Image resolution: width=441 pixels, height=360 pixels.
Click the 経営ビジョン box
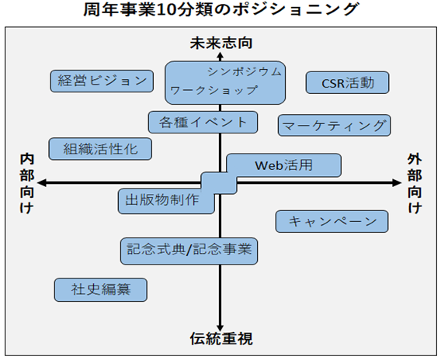[102, 81]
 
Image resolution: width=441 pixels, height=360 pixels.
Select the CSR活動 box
[348, 82]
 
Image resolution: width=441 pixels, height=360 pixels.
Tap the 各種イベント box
[203, 123]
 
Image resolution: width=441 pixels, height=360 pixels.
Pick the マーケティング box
[335, 126]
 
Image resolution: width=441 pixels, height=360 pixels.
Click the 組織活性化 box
[100, 149]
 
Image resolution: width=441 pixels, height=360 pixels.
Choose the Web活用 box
[284, 165]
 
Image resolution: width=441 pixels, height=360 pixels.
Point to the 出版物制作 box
[166, 201]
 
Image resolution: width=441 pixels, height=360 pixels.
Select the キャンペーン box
[332, 221]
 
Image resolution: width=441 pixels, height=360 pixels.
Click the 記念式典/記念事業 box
[189, 251]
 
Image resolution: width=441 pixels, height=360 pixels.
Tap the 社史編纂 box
[101, 289]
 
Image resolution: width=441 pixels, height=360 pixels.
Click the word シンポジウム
[245, 72]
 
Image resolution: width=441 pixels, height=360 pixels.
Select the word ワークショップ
[214, 90]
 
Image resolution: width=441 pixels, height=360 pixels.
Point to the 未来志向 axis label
[221, 43]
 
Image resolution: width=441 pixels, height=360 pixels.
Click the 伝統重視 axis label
[221, 338]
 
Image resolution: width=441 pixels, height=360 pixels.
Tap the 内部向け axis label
[27, 184]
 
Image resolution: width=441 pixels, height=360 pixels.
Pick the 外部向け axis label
[415, 184]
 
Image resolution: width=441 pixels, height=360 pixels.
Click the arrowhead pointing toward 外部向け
[397, 183]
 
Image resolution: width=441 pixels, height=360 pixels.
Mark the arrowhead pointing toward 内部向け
[42, 183]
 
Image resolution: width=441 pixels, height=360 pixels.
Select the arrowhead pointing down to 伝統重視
[220, 327]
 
